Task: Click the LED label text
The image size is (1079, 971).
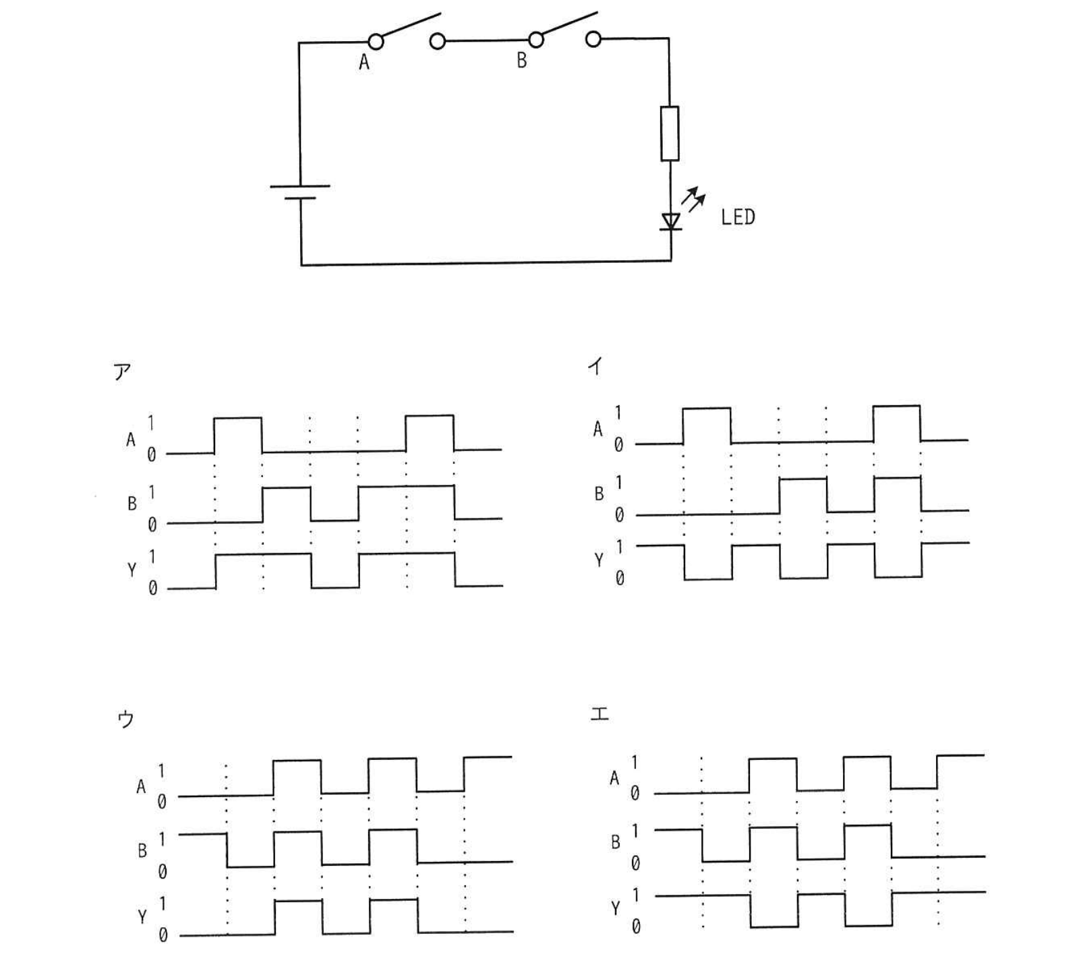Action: coord(738,217)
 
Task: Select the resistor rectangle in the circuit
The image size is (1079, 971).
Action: coord(670,134)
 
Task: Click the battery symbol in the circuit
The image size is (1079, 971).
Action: coord(300,192)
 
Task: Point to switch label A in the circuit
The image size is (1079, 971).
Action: coord(364,63)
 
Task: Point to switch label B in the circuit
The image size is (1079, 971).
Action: coord(521,61)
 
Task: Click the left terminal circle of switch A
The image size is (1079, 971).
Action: coord(376,42)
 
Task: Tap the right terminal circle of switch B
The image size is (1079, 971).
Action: coord(593,39)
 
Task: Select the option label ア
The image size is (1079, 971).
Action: coord(123,372)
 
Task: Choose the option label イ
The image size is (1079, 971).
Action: coord(595,366)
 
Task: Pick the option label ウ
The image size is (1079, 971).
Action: coord(125,719)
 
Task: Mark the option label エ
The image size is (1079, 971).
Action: coord(600,713)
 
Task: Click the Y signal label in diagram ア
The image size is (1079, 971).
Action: coord(132,570)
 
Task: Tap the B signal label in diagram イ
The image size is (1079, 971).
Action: coord(599,494)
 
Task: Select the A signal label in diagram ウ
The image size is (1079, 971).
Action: coord(141,787)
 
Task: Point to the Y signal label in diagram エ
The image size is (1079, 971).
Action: coord(615,909)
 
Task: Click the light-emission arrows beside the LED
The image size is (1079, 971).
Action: coord(693,200)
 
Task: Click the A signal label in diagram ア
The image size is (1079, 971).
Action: coord(131,440)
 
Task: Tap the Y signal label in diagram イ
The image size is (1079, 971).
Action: coord(599,560)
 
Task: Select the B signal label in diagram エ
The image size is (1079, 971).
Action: coord(615,842)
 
